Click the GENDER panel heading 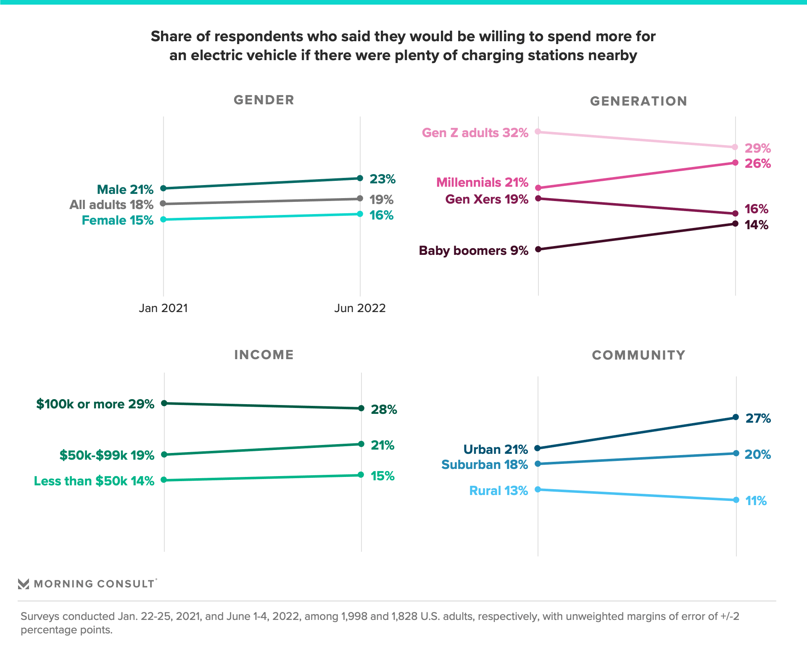pos(264,100)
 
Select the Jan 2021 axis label pos(163,308)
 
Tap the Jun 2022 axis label pos(360,308)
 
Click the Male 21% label pos(125,190)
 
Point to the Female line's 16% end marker pos(360,214)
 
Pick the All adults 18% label pos(111,205)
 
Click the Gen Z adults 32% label pos(475,133)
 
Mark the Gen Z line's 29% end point pos(735,147)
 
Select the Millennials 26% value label pos(757,164)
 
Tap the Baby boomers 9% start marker pos(538,249)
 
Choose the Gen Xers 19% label pos(486,199)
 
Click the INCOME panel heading pos(264,355)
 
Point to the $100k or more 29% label pos(95,404)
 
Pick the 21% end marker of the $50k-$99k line pos(361,444)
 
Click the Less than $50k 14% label pos(94,481)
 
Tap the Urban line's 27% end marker pos(736,417)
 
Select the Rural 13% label pos(498,491)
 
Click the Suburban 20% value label pos(757,455)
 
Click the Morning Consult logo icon pos(24,584)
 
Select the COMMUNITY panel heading pos(638,355)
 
